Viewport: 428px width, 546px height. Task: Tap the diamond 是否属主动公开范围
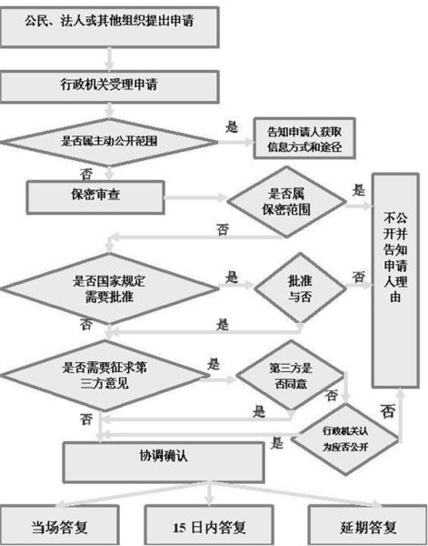coord(110,142)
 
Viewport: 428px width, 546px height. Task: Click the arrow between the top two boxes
coord(110,57)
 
